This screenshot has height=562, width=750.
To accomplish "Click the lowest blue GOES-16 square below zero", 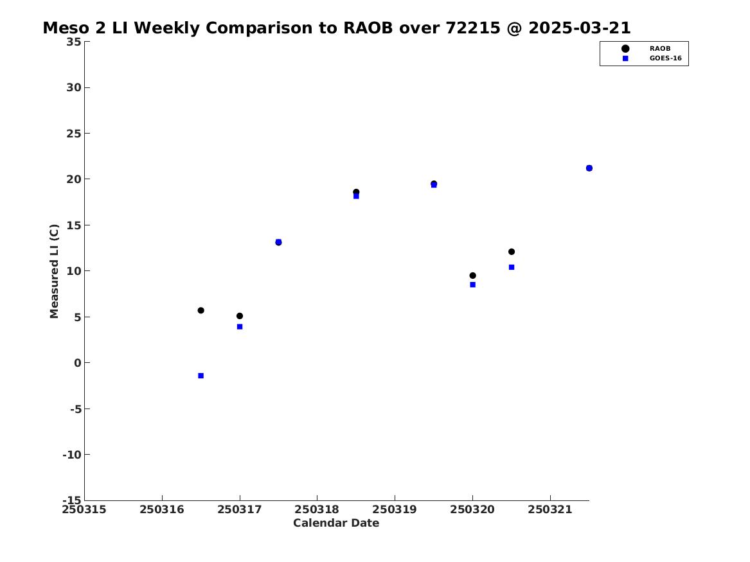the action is pos(201,376).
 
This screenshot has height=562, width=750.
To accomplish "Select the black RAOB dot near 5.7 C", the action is pos(201,310).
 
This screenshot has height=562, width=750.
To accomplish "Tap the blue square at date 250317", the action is pos(240,326).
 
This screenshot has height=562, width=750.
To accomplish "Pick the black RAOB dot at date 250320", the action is pos(472,276).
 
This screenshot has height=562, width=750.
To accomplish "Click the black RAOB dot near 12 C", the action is pos(512,251).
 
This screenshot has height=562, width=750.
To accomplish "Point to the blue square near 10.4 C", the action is pos(512,267).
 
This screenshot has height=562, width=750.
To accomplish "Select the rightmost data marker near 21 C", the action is pos(589,168).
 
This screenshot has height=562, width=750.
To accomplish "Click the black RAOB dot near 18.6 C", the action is pos(356,191).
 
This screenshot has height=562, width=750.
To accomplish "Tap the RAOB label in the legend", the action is pos(659,48).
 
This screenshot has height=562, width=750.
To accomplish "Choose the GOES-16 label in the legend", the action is pos(665,58).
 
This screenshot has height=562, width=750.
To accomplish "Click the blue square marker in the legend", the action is pos(625,58).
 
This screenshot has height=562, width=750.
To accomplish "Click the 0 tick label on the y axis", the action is pos(78,363).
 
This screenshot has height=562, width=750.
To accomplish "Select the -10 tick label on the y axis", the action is pos(72,455).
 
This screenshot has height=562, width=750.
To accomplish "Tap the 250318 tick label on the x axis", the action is pos(317,509).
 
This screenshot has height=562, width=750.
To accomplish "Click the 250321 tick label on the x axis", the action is pos(550,509).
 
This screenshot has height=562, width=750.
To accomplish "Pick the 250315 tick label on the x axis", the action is pos(84,509).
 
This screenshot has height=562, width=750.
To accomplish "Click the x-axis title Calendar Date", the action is pos(336,523).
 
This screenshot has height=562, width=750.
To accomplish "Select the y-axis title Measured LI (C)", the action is pos(54,271).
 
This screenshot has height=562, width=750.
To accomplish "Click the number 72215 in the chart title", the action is pos(473,28).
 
